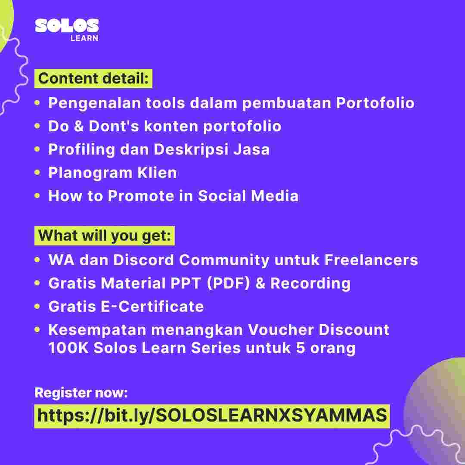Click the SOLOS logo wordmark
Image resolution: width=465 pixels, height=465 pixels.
[67, 25]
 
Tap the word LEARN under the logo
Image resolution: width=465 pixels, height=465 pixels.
[84, 38]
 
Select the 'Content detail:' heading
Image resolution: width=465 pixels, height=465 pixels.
[93, 79]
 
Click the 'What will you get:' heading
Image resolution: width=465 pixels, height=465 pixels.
[105, 236]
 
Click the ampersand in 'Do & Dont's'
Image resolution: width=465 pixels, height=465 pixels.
[79, 126]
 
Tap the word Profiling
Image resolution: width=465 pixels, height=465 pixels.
[81, 149]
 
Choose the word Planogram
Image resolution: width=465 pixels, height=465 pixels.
[90, 173]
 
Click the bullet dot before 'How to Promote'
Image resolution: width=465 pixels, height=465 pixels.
[37, 196]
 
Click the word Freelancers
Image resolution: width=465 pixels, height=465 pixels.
[371, 260]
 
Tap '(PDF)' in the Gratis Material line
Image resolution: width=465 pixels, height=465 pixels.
[228, 283]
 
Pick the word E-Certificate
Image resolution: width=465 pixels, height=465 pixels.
[152, 307]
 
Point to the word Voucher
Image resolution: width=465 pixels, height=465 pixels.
[281, 330]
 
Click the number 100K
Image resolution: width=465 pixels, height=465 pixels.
[68, 348]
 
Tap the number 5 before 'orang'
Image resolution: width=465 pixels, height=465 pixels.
[301, 348]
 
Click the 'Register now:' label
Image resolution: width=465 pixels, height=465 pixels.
[81, 393]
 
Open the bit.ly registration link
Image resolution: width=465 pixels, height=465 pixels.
[212, 416]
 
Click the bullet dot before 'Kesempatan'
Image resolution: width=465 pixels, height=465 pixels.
[37, 329]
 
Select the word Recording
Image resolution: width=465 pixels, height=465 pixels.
[310, 283]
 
